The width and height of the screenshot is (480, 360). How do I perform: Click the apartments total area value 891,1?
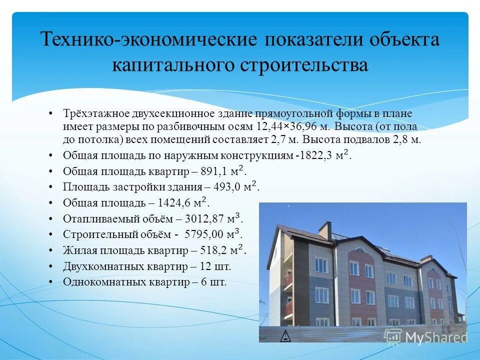pos(215,171)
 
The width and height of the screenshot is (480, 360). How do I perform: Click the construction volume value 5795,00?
pos(204,234)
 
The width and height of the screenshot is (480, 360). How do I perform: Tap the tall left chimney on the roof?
pos(324,231)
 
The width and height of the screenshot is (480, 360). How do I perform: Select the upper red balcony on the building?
pos(288,280)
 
